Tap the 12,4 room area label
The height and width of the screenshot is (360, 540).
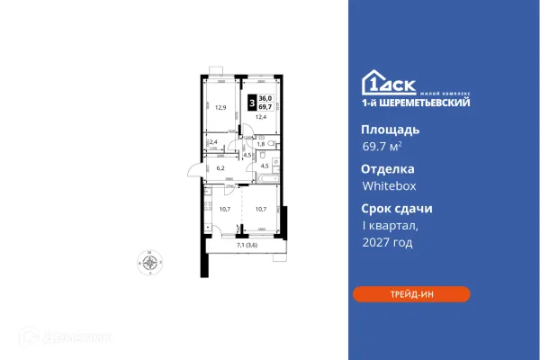point(262,117)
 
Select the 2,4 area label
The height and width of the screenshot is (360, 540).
point(213,142)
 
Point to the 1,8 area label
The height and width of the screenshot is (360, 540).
point(262,143)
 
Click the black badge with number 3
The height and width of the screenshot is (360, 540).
point(250,102)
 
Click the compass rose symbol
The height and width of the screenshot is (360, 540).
point(150,263)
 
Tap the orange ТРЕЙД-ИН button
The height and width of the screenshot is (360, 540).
point(410,293)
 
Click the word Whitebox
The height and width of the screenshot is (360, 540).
point(389,187)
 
